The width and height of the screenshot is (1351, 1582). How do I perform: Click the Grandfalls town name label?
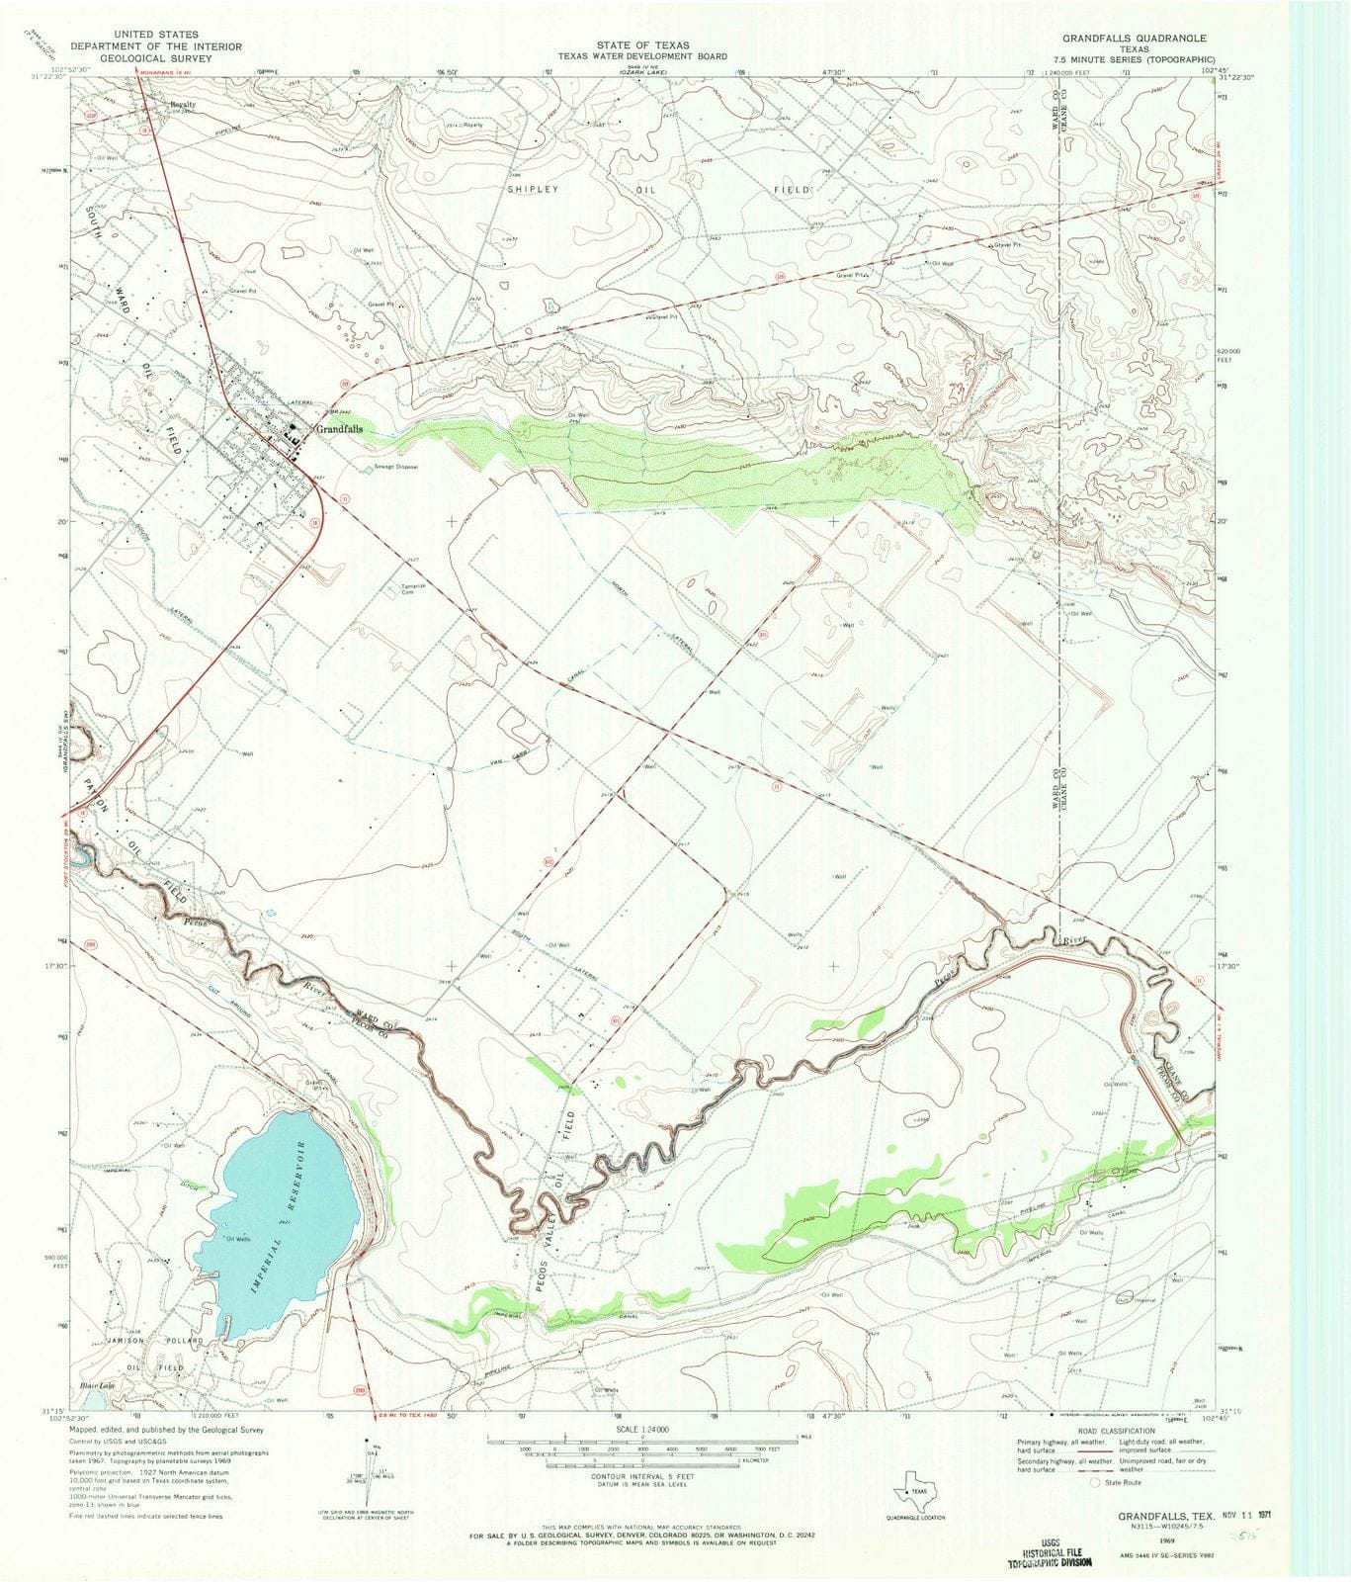tap(339, 430)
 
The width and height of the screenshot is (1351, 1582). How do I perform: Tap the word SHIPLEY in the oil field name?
tap(533, 188)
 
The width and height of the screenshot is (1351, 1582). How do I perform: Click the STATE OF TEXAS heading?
tap(641, 45)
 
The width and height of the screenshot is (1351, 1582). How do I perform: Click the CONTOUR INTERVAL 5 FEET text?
tap(641, 1476)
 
